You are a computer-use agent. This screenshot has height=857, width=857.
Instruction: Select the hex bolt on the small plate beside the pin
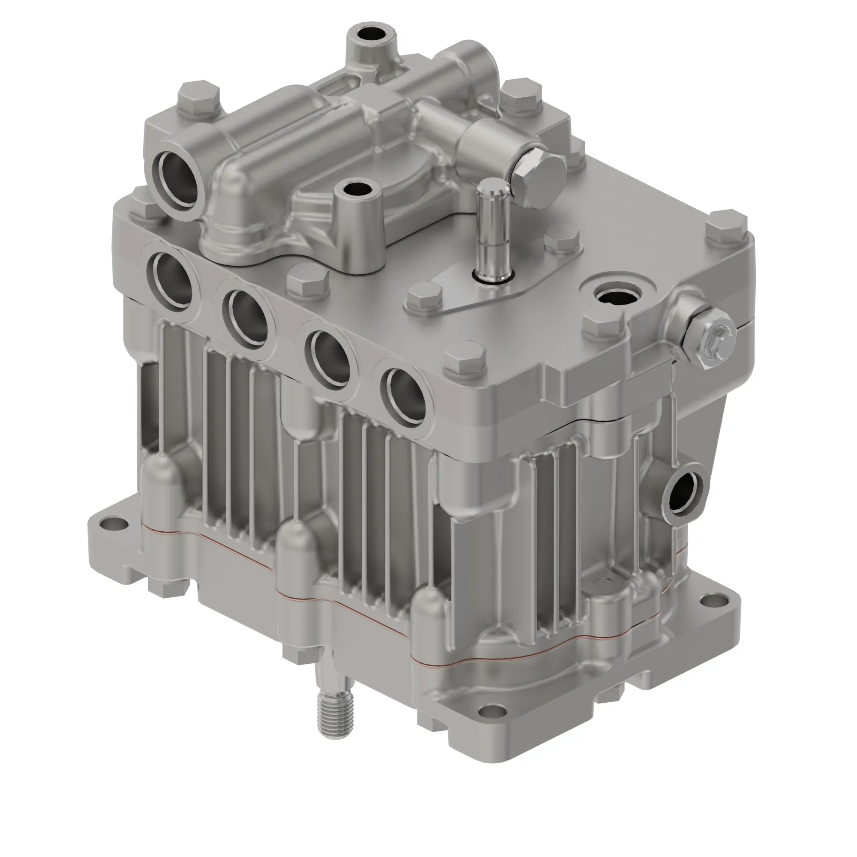click(425, 299)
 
